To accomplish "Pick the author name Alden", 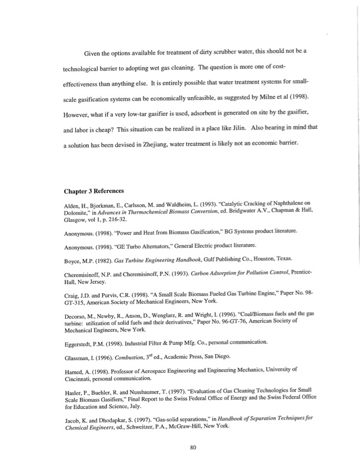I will [72, 205].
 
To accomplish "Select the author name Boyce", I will [73, 260].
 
